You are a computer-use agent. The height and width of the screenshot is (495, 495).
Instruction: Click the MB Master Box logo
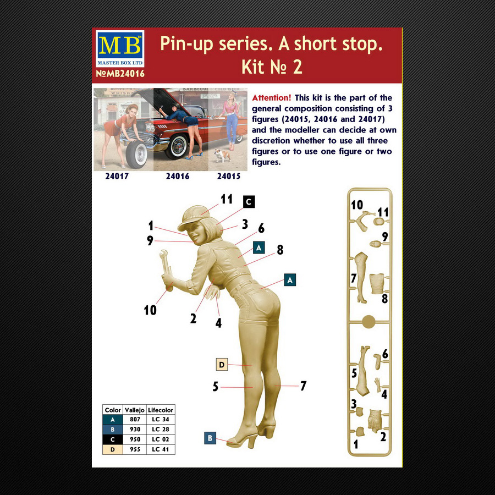tap(120, 48)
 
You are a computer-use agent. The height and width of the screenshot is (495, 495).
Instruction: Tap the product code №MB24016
tap(120, 74)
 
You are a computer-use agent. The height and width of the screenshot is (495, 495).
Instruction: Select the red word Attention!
tap(271, 97)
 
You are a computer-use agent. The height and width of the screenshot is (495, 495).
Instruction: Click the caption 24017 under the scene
tap(117, 176)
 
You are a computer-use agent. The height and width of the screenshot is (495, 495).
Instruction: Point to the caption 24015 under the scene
tap(229, 176)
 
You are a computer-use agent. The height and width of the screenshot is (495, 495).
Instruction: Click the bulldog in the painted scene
tap(222, 156)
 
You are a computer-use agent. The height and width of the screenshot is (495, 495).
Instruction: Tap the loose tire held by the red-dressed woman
tap(136, 155)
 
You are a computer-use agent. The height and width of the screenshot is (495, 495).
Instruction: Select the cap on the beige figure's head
tap(193, 217)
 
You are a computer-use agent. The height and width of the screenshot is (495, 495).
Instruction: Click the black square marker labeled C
tap(249, 202)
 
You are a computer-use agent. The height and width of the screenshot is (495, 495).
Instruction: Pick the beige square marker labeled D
tap(222, 365)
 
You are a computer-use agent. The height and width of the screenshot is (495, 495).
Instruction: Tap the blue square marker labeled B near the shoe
tap(210, 438)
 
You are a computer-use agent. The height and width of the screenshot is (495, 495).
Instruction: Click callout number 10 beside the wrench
tap(150, 310)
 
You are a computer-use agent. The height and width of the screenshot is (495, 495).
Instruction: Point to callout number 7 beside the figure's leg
tap(303, 386)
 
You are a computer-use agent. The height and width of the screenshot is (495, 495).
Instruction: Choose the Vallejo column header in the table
tap(135, 410)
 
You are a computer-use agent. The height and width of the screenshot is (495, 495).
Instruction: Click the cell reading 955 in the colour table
tap(135, 449)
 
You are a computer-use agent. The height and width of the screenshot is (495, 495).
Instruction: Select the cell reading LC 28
tap(161, 430)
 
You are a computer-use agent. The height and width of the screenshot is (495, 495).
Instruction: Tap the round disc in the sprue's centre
tap(369, 322)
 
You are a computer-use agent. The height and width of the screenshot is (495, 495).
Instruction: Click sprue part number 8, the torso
tap(377, 283)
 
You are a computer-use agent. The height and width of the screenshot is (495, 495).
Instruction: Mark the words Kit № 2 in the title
tap(272, 67)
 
